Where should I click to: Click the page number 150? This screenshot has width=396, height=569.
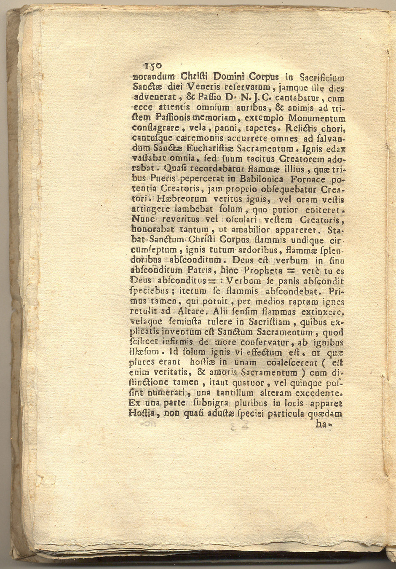[153, 66]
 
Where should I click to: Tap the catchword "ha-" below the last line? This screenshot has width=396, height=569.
[324, 424]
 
